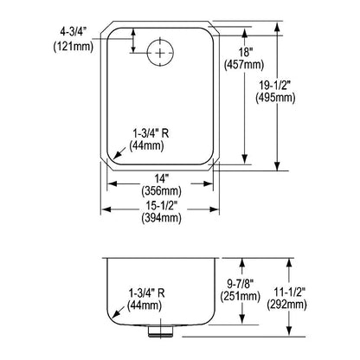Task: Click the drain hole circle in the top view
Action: (147, 53)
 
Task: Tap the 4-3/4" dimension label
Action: (71, 32)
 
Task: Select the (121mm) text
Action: (74, 46)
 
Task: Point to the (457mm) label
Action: (244, 65)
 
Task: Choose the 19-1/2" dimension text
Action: (274, 86)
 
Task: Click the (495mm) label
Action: (275, 98)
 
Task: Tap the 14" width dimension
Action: (161, 179)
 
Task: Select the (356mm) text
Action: (161, 191)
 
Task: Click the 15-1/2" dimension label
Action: (161, 205)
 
